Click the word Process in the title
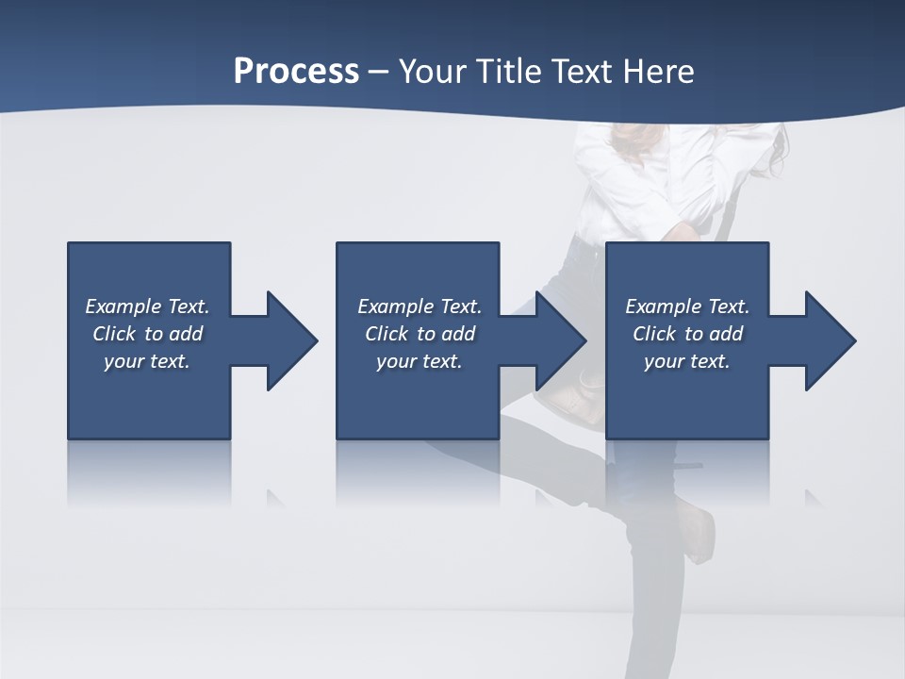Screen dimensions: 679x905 coord(296,72)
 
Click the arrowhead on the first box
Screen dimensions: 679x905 coord(288,340)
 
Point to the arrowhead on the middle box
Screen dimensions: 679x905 coord(558,340)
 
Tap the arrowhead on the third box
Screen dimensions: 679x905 coord(828,340)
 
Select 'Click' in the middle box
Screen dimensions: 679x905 coord(387,334)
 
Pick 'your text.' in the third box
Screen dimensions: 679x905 coord(687,361)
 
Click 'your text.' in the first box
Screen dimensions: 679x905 coord(147,361)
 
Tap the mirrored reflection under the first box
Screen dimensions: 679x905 coord(149,472)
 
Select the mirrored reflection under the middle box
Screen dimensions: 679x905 coord(418,472)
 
